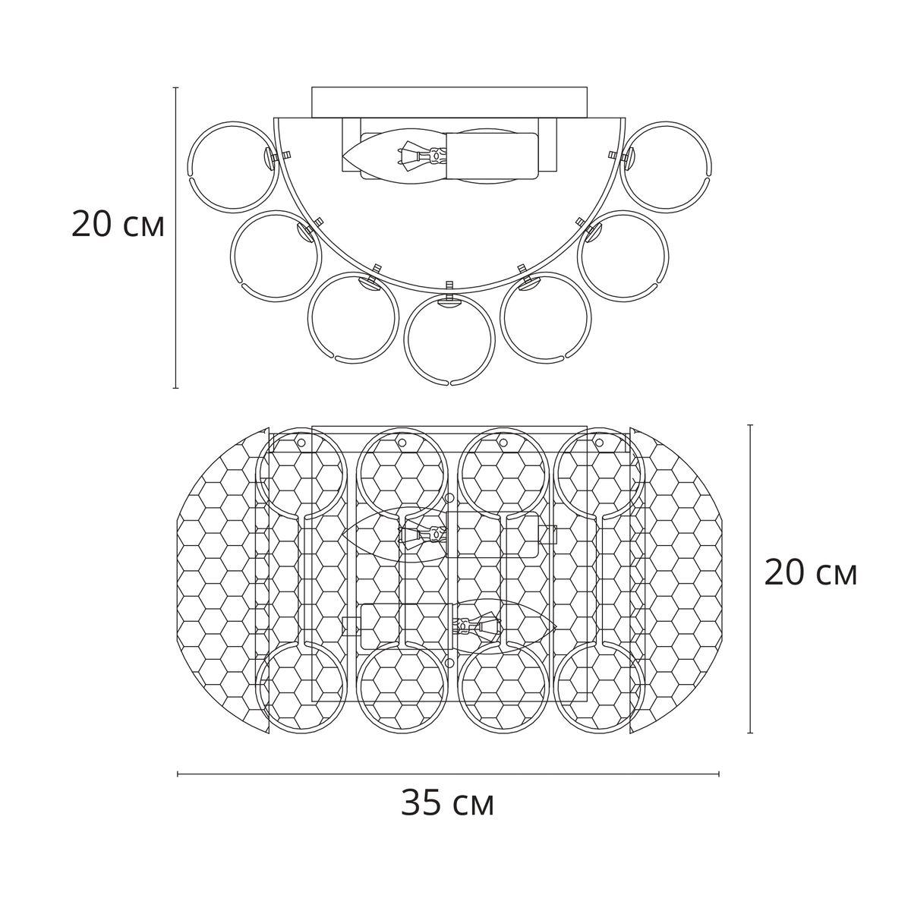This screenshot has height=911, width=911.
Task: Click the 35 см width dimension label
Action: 447,802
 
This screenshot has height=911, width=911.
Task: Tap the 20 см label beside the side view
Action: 118,224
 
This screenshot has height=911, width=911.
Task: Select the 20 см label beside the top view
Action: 810,573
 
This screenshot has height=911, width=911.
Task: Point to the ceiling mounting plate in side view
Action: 449,102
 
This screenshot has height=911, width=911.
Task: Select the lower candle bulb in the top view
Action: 505,626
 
